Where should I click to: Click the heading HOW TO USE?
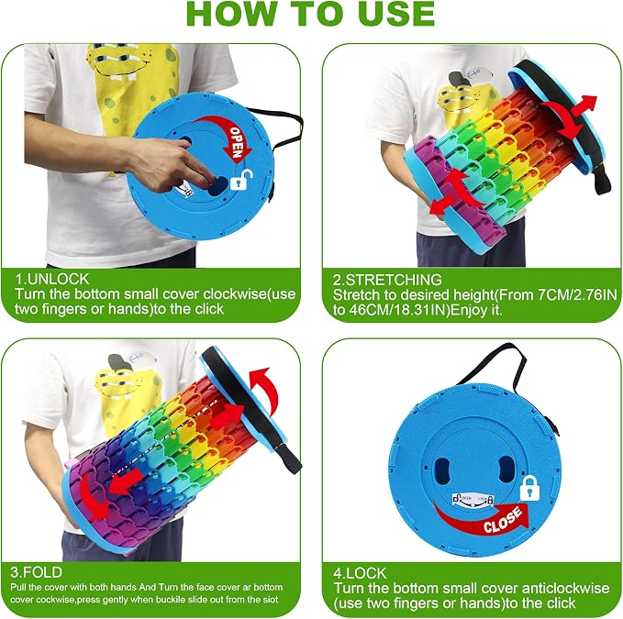point(310,14)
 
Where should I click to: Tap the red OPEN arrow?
point(230,134)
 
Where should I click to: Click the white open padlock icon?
point(241,180)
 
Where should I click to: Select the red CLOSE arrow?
point(482,517)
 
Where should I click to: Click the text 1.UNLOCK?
point(52,279)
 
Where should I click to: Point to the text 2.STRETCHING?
point(387,280)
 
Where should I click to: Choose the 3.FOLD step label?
point(36,572)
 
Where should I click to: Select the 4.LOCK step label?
point(360,573)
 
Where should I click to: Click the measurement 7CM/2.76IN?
point(578,294)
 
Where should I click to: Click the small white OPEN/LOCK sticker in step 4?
point(473,500)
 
